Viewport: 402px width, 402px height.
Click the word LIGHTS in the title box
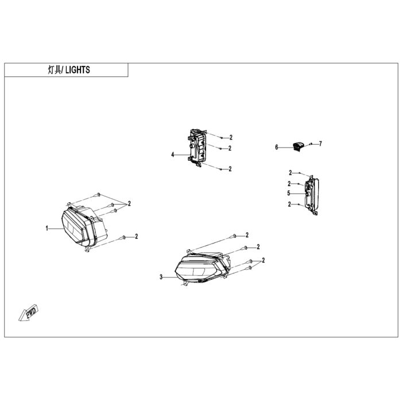coord(78,69)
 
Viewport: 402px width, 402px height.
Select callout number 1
coord(47,228)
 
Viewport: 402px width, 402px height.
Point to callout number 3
coord(161,277)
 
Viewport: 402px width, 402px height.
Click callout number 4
coord(173,154)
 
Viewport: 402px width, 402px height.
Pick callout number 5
coord(289,194)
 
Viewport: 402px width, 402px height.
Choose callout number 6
coord(276,148)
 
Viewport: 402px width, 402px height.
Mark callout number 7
coord(320,144)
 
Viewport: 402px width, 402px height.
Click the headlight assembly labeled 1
coord(84,226)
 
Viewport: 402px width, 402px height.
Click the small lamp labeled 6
coord(297,146)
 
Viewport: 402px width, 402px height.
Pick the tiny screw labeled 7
coord(311,144)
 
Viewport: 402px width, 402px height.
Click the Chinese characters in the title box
coord(55,69)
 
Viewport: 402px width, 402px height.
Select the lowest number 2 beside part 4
coord(230,169)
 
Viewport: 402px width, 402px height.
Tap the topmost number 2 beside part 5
coord(290,173)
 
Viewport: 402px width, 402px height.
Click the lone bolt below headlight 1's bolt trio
coord(123,237)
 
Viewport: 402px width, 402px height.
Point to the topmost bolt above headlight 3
coord(234,236)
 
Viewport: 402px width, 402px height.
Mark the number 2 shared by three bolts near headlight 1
coord(129,203)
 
